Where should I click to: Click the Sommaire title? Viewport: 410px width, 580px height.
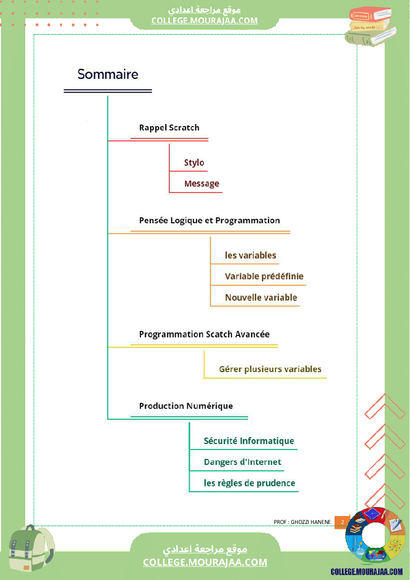coord(108,74)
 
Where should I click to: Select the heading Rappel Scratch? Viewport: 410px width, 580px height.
coord(169,128)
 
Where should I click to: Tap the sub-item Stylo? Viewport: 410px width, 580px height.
coord(194,163)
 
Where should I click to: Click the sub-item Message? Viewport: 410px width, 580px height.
coord(202,184)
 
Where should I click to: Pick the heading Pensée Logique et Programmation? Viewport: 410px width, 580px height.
coord(209,220)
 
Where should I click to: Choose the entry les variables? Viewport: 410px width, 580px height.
coord(251,256)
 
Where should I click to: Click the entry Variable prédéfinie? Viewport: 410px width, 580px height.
coord(264,276)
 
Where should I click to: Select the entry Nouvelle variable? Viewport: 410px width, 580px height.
coord(261,298)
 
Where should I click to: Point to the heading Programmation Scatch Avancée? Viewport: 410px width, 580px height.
coord(205,334)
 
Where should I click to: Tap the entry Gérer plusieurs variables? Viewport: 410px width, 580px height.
coord(270,369)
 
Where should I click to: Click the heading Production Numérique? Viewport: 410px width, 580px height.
coord(186,406)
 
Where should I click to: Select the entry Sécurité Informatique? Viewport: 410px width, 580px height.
coord(249,441)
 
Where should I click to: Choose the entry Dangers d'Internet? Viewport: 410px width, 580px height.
coord(243,462)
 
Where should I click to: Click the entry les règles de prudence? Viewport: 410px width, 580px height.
coord(250,483)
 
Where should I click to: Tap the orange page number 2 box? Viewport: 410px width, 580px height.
coord(342,522)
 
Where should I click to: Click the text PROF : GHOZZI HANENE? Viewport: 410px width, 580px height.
coord(302,522)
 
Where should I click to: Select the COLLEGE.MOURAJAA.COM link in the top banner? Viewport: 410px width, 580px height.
coord(205,20)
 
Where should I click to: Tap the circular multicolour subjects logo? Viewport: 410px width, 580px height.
coord(375,536)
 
